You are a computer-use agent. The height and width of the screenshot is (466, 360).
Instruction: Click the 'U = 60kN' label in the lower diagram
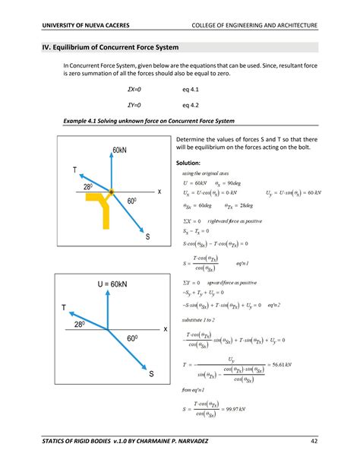[111, 284]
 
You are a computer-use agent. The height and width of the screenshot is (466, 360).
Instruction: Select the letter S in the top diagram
[148, 238]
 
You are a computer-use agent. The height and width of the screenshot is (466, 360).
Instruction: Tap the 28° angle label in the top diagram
[87, 186]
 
